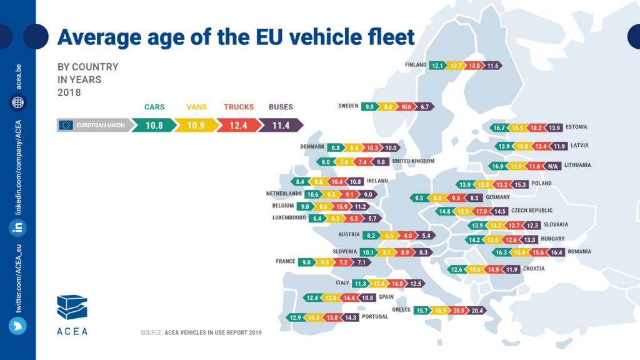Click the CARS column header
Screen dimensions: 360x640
tap(154, 107)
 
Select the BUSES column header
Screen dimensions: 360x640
tap(281, 107)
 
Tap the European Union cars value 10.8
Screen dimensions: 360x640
tap(154, 125)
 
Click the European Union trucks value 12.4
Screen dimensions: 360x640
tap(239, 125)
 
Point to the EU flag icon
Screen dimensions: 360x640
tap(66, 125)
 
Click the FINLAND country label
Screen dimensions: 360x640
tap(416, 65)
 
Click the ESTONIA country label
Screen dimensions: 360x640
tap(576, 127)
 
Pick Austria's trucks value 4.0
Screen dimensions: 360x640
tap(407, 236)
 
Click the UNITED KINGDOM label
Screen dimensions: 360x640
tap(412, 162)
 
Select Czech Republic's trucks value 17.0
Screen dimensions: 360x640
tap(482, 211)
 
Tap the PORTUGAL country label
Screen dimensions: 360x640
tap(375, 317)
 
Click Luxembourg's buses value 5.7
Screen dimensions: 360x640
tap(372, 219)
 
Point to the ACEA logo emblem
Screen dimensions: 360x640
tap(72, 307)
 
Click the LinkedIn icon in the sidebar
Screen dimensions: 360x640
tap(18, 227)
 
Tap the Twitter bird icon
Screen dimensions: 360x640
tap(18, 326)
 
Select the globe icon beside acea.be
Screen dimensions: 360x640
tap(18, 102)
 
